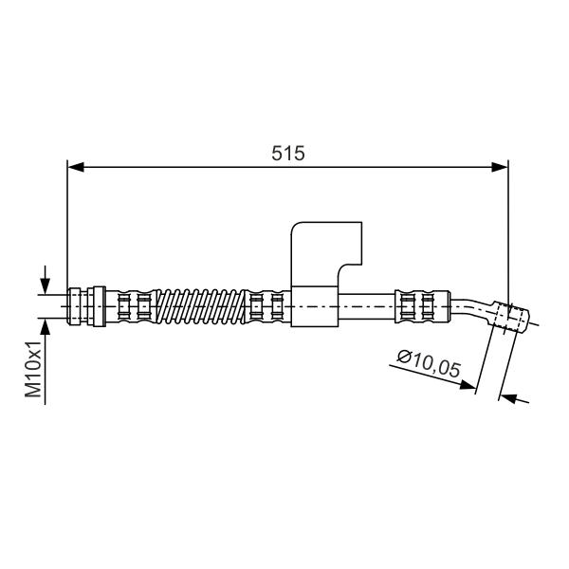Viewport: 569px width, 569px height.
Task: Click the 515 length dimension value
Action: point(288,153)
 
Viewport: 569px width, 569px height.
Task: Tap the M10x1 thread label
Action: point(33,369)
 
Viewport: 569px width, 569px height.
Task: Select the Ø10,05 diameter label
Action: point(429,363)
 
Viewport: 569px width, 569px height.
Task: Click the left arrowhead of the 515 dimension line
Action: point(76,167)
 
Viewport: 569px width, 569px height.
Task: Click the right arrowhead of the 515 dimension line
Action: point(500,167)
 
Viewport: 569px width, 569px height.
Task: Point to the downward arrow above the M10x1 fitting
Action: point(45,280)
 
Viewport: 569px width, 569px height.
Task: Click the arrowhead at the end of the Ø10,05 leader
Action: point(468,385)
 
